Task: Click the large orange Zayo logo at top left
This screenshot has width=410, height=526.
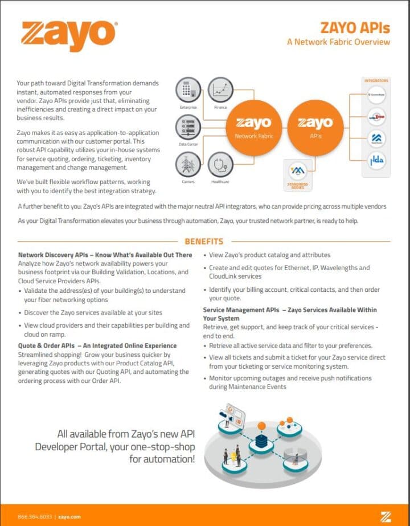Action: coord(69,35)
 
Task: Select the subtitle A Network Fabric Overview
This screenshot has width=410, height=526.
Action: coord(338,42)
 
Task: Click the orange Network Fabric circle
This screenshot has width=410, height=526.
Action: coord(253,127)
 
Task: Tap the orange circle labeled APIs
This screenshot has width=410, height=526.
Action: coord(315,127)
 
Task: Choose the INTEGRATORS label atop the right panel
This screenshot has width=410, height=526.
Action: coord(376,81)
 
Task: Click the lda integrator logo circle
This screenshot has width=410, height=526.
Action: coord(376,161)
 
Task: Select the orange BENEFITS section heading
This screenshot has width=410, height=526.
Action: coord(204,242)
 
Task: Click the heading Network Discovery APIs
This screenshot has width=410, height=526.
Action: coord(105,255)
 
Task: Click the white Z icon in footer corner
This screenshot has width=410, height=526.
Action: coord(386,516)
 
